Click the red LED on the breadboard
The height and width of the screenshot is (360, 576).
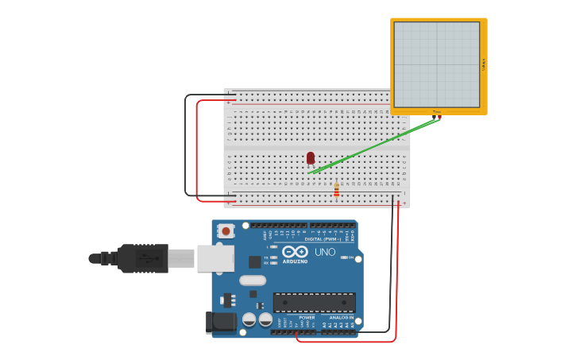(x=311, y=158)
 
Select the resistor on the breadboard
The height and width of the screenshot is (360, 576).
(x=336, y=190)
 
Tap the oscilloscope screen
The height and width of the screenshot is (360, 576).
(x=437, y=64)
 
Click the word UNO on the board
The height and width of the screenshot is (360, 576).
(x=325, y=252)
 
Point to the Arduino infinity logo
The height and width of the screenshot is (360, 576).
(x=294, y=251)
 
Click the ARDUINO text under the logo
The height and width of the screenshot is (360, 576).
(x=295, y=261)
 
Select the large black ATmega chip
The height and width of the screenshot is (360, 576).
(x=315, y=302)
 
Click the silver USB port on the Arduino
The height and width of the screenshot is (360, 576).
(x=215, y=258)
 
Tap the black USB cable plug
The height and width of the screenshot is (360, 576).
(x=143, y=258)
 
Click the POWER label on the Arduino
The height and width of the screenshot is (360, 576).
(x=307, y=317)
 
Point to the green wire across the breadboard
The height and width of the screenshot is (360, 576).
(x=373, y=144)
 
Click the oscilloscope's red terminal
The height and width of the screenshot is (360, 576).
(x=439, y=118)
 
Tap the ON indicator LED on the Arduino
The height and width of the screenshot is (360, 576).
(x=343, y=257)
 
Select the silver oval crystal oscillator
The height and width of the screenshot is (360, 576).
(x=253, y=280)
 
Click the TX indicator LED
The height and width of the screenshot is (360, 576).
(x=273, y=257)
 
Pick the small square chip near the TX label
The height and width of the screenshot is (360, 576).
(x=255, y=261)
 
